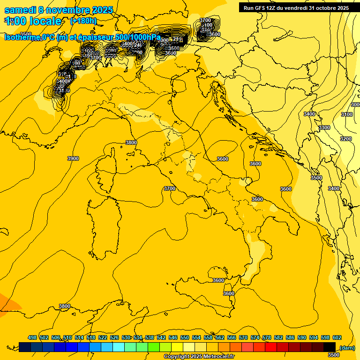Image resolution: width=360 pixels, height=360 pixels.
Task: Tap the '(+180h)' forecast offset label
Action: pyautogui.click(x=83, y=21)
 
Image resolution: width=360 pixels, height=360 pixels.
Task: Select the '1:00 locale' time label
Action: pyautogui.click(x=33, y=21)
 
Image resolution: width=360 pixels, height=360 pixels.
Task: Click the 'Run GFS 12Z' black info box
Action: pyautogui.click(x=296, y=7)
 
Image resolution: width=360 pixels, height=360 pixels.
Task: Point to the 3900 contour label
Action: pyautogui.click(x=73, y=158)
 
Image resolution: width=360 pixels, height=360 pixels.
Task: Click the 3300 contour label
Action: pyautogui.click(x=324, y=127)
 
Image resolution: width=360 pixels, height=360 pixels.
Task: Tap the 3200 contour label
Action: pyautogui.click(x=345, y=139)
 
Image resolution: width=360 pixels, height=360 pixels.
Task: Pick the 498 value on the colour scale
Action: pyautogui.click(x=32, y=337)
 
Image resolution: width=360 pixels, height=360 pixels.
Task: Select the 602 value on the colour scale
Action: pyautogui.click(x=337, y=337)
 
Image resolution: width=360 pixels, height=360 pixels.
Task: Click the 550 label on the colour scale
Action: pyautogui.click(x=185, y=337)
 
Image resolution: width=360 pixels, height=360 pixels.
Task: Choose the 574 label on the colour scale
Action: pyautogui.click(x=255, y=337)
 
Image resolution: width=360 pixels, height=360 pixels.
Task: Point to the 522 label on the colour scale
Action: pyautogui.click(x=103, y=337)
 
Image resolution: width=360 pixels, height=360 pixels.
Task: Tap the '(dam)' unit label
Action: pyautogui.click(x=347, y=347)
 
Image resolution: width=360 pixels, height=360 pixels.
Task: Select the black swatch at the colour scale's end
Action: pyautogui.click(x=330, y=346)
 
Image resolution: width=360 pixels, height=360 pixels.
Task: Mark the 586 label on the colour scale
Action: pyautogui.click(x=290, y=337)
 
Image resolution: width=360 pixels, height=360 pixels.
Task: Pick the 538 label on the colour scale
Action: pyautogui.click(x=150, y=337)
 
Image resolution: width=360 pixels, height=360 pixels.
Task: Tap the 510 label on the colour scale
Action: pyautogui.click(x=67, y=337)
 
